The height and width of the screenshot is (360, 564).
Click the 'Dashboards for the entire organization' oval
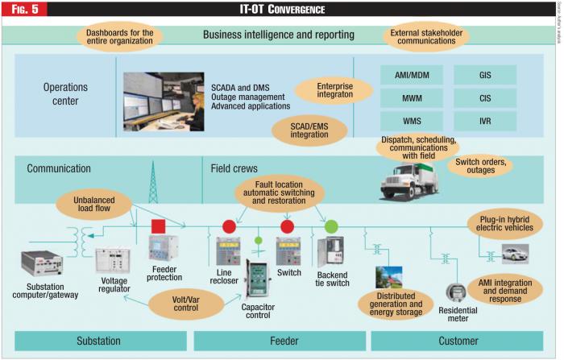119,36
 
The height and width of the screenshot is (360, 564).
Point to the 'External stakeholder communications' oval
426,36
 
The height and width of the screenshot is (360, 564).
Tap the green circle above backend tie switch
331,226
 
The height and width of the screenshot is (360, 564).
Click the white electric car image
513,254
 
